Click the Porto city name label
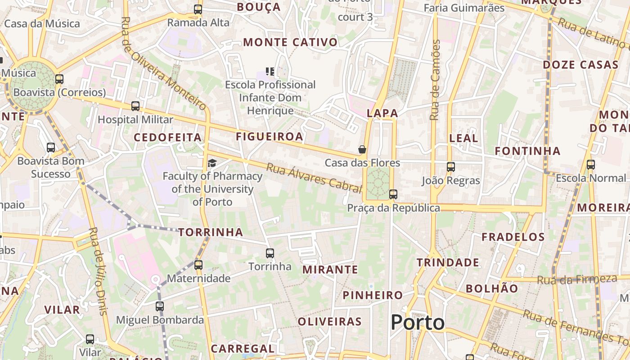pyautogui.click(x=417, y=322)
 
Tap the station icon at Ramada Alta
pyautogui.click(x=198, y=9)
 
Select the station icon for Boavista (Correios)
pyautogui.click(x=59, y=79)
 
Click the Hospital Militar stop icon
pyautogui.click(x=135, y=106)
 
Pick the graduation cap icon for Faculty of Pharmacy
pyautogui.click(x=212, y=163)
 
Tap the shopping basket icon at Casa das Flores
pyautogui.click(x=362, y=149)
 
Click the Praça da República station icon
pyautogui.click(x=393, y=194)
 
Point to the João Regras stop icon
pyautogui.click(x=451, y=167)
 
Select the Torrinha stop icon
pyautogui.click(x=270, y=253)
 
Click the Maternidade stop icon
pyautogui.click(x=198, y=265)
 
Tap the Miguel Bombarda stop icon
pyautogui.click(x=160, y=306)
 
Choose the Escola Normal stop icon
pyautogui.click(x=591, y=165)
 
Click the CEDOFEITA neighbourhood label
pyautogui.click(x=168, y=138)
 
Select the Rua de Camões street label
pyautogui.click(x=435, y=80)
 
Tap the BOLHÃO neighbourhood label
pyautogui.click(x=492, y=288)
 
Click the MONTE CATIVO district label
pyautogui.click(x=290, y=42)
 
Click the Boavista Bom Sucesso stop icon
pyautogui.click(x=51, y=148)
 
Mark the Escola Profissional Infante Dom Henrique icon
pyautogui.click(x=270, y=71)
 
